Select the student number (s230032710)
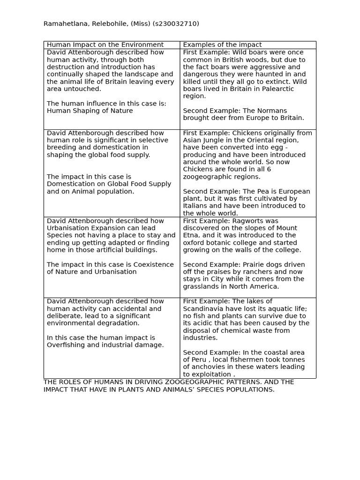[x=172, y=24]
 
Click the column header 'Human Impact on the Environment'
[x=105, y=45]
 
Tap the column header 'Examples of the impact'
[x=222, y=45]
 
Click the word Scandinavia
[x=203, y=308]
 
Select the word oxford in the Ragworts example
[x=194, y=243]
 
